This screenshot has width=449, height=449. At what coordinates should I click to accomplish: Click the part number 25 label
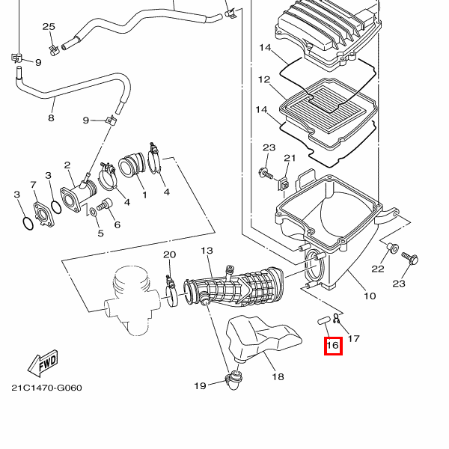coord(49,27)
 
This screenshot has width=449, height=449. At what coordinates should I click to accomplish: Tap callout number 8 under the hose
coord(51,118)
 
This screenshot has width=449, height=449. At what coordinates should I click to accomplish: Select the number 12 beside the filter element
coord(263,79)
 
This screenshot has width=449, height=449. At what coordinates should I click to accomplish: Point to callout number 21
coord(290,158)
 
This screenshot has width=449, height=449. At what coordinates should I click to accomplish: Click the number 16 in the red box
coord(333,346)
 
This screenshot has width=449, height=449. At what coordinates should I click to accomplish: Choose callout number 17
coord(354,339)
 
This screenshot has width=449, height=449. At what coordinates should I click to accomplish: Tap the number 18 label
coord(278,376)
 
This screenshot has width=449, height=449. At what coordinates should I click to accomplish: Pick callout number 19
coord(200,385)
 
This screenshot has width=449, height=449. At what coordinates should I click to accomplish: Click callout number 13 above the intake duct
coord(207,251)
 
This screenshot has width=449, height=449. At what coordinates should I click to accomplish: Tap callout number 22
coord(378,269)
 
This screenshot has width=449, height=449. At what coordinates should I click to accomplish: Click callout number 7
coord(33,185)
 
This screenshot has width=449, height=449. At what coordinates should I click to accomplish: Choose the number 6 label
coord(117,224)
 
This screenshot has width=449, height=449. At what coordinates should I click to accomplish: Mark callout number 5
coord(100,233)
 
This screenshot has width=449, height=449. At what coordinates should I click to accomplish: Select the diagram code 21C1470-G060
coord(46,388)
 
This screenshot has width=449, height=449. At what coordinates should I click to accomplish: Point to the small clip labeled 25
coord(54,50)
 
